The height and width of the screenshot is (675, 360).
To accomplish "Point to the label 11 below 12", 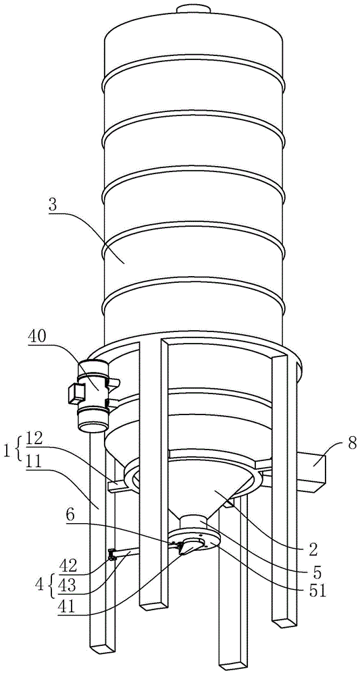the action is (x=34, y=457).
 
